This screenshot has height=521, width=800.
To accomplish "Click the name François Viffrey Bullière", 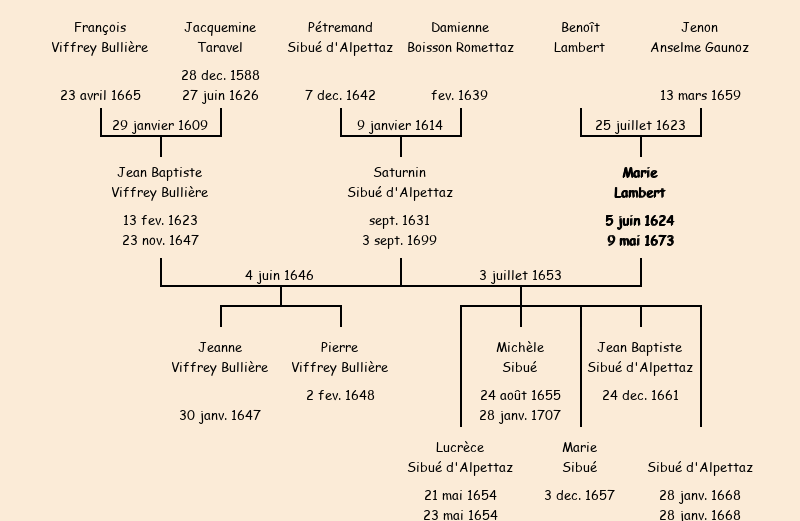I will pos(100,37).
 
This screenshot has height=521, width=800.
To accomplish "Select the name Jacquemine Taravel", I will pos(220,37).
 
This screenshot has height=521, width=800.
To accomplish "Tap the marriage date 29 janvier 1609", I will pos(160,125).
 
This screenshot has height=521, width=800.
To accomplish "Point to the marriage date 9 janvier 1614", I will pos(400,125).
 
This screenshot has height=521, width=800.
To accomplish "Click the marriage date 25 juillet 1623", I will pos(640,125).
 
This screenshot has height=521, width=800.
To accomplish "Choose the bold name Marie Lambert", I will pos(640,183).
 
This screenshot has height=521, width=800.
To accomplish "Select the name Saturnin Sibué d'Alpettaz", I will pos(400,183).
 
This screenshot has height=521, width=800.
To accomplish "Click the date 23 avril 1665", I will pos(100,96).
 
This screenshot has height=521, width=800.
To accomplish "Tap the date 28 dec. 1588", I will pos(220,75).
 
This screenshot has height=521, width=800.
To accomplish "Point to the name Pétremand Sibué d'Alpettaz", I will pos(340,37).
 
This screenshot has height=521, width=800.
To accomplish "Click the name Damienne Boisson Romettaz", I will pos(460,37).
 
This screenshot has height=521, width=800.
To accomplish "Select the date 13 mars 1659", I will pos(700,96).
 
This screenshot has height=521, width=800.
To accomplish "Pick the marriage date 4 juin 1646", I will pos(279,275).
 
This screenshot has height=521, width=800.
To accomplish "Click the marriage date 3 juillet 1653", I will pos(520,275).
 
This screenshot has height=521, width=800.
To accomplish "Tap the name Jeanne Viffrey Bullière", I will pos(220,357).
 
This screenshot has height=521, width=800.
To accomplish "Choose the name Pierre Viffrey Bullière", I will pos(340,357).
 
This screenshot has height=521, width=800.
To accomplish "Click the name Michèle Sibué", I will pos(520,357).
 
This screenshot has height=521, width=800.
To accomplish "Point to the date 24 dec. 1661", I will pos(640,395).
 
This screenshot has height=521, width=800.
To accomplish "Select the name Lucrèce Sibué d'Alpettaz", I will pos(460,457).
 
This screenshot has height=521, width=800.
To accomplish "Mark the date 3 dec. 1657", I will pos(579,495).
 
